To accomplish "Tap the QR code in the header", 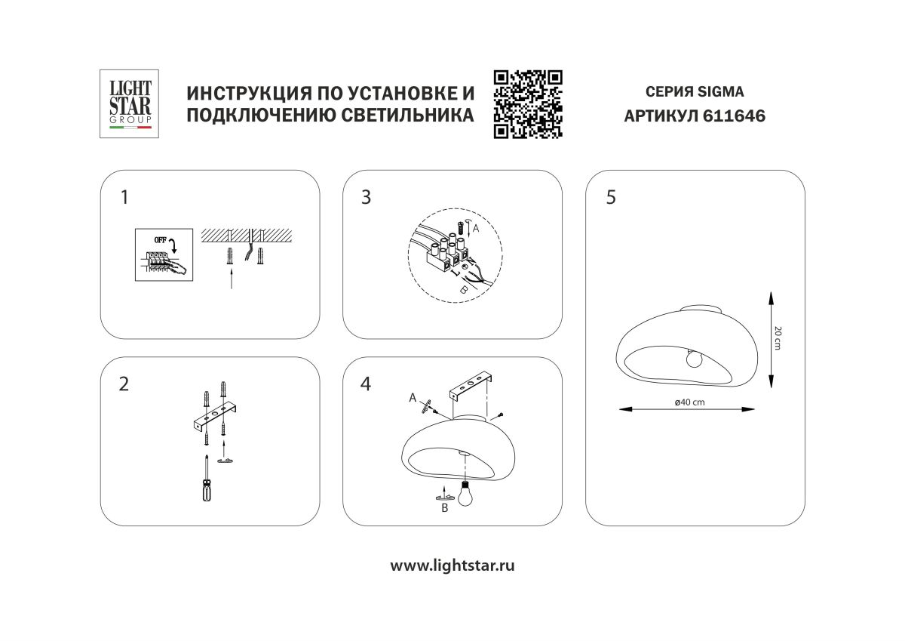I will [x=528, y=104].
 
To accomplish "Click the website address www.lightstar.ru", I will [x=452, y=565].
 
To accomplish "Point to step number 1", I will [x=124, y=198].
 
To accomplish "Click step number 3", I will [x=367, y=198].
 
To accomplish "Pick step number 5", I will [x=610, y=198].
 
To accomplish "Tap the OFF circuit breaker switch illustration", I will [x=161, y=254].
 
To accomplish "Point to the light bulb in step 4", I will [x=467, y=495].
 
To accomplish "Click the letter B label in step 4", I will [x=444, y=509].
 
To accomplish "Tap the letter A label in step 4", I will [x=413, y=396].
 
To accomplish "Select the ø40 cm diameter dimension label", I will [x=689, y=402].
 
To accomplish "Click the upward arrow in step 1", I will [x=231, y=280].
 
